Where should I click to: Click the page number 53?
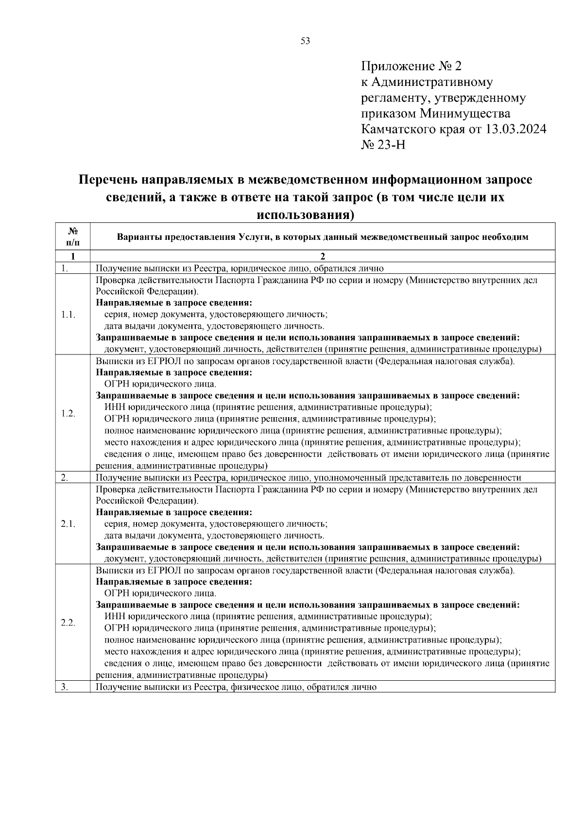(x=305, y=41)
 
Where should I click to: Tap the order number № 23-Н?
(x=383, y=145)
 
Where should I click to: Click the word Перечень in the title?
(x=107, y=180)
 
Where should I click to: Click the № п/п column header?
(x=73, y=236)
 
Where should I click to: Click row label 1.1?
(x=69, y=315)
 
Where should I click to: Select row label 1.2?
(x=69, y=413)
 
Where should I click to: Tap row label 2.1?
(x=69, y=524)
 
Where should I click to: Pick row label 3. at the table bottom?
(x=65, y=687)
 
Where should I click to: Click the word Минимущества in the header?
(x=465, y=114)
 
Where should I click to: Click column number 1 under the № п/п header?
(x=73, y=256)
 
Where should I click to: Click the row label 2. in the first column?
(x=65, y=478)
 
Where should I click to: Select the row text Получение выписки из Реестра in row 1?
(x=160, y=268)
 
